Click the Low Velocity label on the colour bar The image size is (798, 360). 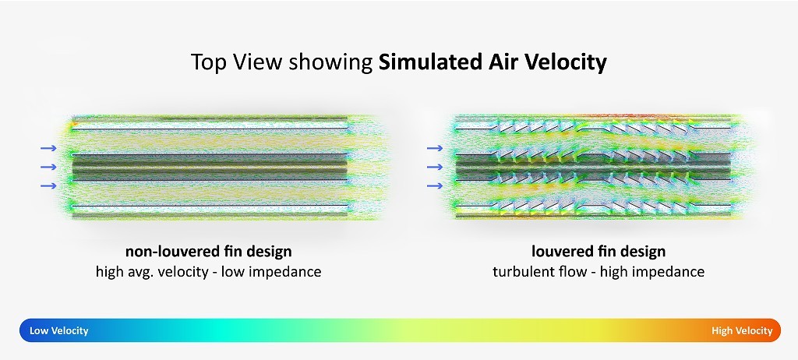tap(59, 331)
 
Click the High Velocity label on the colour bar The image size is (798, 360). tap(742, 331)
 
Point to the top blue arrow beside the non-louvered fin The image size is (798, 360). tap(49, 148)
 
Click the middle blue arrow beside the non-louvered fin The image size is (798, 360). tap(49, 167)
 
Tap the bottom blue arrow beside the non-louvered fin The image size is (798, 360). tap(49, 186)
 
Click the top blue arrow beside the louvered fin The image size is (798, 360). tap(435, 148)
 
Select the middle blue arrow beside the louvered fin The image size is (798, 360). tap(435, 167)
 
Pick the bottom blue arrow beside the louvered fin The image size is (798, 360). tap(435, 186)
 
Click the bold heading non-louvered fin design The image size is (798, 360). tap(209, 252)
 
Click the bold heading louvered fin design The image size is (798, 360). tap(598, 252)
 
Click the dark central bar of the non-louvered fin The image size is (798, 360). tap(210, 167)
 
